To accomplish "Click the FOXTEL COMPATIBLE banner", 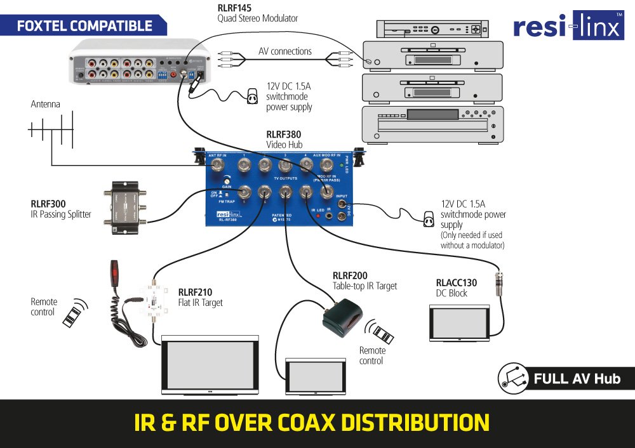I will pyautogui.click(x=84, y=26).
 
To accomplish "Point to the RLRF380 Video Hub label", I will pyautogui.click(x=283, y=135).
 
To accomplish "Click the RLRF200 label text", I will pyautogui.click(x=350, y=275).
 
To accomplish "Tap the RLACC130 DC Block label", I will pyautogui.click(x=456, y=283).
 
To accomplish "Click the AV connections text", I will pyautogui.click(x=285, y=51).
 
